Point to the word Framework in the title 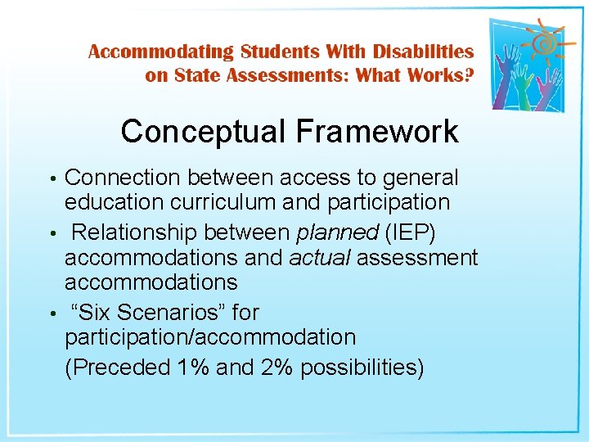(378, 131)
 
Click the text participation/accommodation (210, 337)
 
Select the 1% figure (194, 368)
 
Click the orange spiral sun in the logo (538, 40)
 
